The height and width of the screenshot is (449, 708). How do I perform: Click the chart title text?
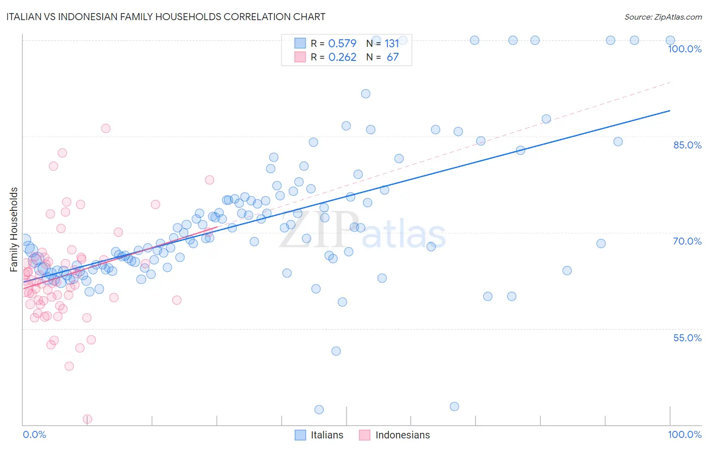point(166,17)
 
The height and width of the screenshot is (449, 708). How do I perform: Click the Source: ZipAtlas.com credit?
point(663,17)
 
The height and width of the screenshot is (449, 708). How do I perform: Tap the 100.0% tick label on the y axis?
point(684,49)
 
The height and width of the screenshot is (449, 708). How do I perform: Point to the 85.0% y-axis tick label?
point(687,145)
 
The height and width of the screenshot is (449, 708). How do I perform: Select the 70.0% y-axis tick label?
point(687,241)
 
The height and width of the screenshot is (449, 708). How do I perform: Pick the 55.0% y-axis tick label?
point(687,338)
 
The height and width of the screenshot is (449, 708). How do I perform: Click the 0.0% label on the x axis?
point(34,434)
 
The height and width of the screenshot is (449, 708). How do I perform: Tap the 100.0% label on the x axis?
point(684,434)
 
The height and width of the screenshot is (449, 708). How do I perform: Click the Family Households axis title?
point(14,230)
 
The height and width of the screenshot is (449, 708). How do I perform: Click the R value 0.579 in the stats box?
point(342,43)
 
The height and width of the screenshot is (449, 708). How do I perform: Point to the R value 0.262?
point(342,57)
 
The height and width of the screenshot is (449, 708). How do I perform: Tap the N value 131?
point(392,43)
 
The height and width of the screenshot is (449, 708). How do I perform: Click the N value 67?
point(392,57)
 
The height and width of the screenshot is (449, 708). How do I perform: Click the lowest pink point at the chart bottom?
point(87,419)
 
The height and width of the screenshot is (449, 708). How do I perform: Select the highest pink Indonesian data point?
point(105,128)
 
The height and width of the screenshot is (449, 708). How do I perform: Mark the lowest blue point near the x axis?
point(319,410)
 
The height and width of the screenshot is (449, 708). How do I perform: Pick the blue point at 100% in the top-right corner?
point(670,40)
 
